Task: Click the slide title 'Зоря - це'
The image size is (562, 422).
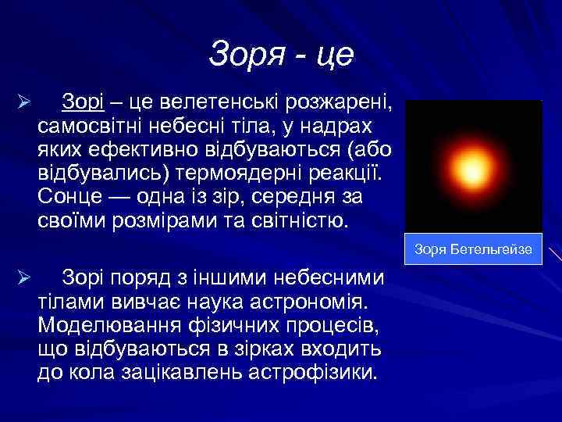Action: click(x=282, y=54)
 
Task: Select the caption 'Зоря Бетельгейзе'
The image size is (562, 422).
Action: click(x=474, y=249)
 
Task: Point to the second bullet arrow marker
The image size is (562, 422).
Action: click(x=24, y=279)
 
